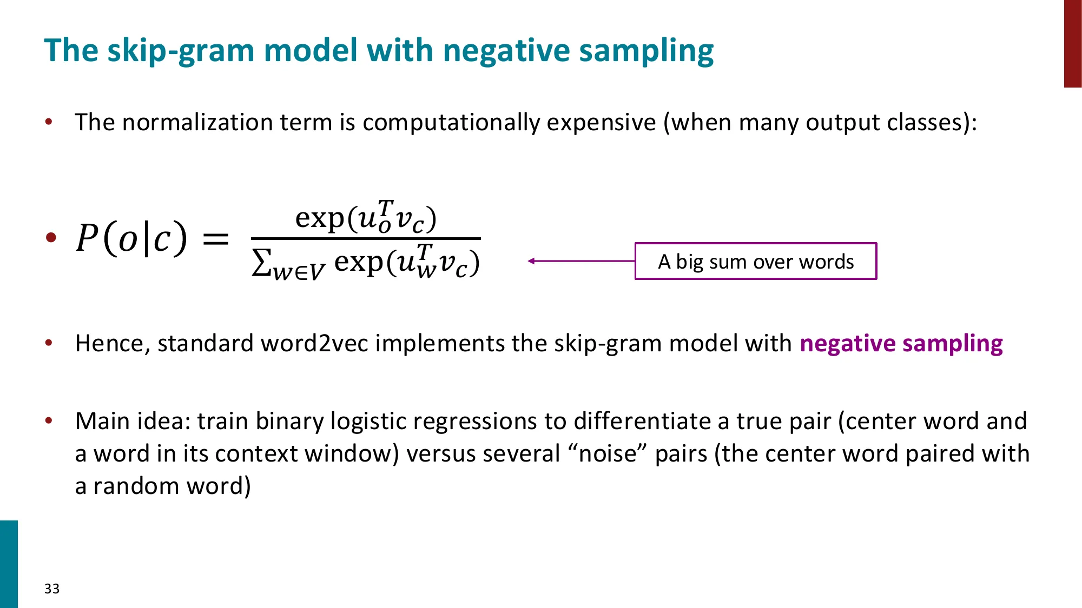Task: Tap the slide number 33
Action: click(52, 589)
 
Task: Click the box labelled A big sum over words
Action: click(755, 262)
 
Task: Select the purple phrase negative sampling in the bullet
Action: click(901, 344)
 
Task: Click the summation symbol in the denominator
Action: click(261, 263)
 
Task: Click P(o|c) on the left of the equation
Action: click(131, 238)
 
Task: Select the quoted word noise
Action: click(608, 454)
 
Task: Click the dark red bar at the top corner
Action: click(1072, 43)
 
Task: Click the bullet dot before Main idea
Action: click(49, 420)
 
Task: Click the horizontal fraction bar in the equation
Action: click(366, 238)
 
